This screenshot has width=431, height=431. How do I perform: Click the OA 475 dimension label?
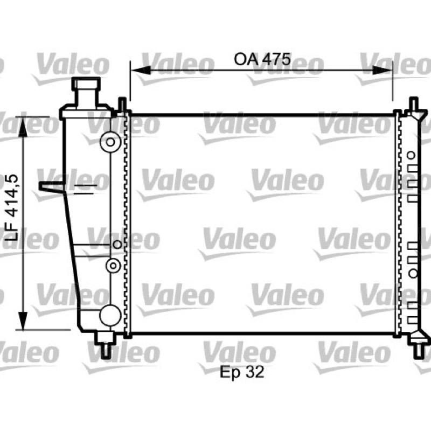(262, 59)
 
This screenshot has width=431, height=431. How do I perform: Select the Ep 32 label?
(242, 372)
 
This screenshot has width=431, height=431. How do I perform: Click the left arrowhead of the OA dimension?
(141, 70)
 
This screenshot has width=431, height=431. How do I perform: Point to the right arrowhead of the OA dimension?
(382, 70)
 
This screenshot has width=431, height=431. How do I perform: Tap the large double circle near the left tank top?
(110, 142)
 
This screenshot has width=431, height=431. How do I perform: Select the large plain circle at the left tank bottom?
(110, 315)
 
